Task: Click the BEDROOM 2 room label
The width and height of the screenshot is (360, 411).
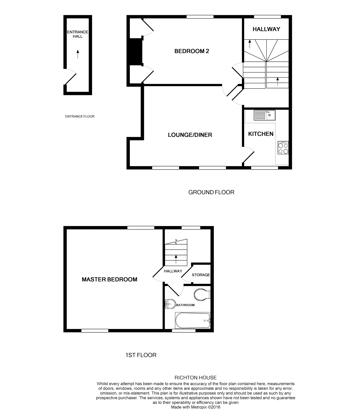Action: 192,51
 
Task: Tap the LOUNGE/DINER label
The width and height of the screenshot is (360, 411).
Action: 190,135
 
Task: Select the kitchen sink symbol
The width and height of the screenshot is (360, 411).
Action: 264,115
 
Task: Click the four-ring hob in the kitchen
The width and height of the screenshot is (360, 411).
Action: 283,148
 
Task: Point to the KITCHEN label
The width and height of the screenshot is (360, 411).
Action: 260,134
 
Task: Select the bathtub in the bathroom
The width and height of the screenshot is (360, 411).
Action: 193,320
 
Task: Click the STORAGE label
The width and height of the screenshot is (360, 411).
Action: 201,275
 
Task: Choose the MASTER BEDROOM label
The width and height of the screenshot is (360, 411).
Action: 109,279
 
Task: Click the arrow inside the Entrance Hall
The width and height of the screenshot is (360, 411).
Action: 78,54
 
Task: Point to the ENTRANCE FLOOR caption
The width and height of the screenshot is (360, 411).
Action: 80,116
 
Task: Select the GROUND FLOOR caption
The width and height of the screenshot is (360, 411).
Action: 211,192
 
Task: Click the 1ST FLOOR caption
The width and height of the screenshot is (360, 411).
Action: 141,355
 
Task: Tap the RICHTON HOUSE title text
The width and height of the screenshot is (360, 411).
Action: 195,378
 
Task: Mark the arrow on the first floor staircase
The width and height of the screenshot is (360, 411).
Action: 176,259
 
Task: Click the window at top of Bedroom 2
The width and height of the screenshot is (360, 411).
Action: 200,17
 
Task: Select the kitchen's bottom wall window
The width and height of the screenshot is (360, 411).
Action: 264,168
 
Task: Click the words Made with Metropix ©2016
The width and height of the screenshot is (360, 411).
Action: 195,407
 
